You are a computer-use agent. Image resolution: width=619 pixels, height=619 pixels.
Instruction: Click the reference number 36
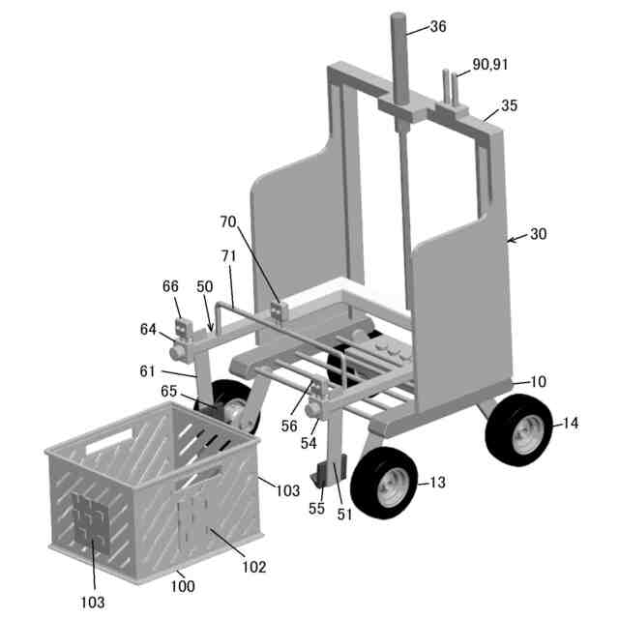coord(438,27)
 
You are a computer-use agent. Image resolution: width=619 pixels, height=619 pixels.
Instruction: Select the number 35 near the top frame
coord(511,104)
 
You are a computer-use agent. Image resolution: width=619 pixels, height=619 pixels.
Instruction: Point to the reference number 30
coord(539,235)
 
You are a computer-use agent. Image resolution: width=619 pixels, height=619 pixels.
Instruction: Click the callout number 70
coord(228,221)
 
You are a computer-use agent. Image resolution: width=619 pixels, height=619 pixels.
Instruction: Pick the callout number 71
coord(228,255)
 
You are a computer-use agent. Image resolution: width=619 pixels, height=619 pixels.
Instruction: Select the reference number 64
coord(148,329)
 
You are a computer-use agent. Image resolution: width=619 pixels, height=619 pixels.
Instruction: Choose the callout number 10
coord(538,381)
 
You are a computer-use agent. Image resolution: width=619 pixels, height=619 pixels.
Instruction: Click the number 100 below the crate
coord(183,586)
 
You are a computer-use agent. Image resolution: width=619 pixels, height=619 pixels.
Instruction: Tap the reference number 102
coord(253,567)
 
